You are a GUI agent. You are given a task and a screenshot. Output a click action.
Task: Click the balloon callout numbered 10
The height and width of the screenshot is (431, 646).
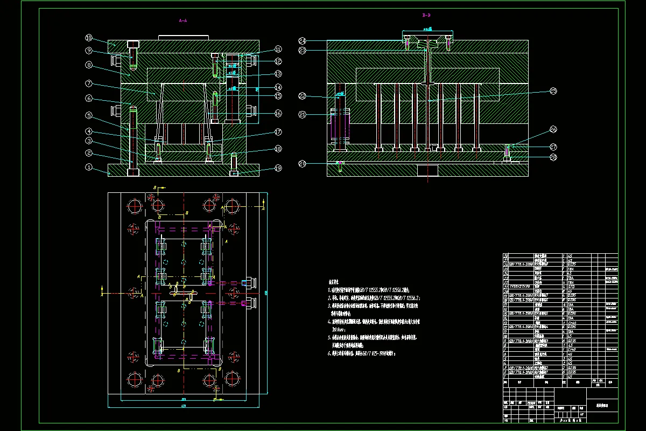point(89,38)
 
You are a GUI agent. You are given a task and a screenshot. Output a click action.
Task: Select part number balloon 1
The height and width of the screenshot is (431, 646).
point(89,167)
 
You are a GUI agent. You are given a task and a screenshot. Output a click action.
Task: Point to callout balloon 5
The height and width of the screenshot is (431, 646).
point(89,115)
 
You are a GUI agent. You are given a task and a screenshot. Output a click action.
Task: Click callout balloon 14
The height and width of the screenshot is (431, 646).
point(278,87)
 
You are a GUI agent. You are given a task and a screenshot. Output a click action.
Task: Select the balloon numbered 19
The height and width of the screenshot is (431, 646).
point(278,168)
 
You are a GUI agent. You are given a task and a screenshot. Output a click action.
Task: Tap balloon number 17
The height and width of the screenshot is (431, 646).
point(278,132)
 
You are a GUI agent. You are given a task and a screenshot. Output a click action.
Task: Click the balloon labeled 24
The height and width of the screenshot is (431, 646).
point(303,41)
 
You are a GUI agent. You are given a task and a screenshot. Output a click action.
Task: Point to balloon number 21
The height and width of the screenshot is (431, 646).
point(303,115)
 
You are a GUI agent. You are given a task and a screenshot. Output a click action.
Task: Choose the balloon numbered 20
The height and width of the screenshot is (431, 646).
point(303,164)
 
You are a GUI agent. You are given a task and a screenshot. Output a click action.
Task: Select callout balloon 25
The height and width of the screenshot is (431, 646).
point(553,91)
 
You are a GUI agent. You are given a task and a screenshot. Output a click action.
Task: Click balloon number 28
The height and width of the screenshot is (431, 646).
point(553,157)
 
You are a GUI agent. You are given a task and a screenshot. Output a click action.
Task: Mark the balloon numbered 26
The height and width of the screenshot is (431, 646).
point(553,129)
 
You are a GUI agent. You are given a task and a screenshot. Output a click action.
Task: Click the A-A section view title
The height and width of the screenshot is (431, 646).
point(183,20)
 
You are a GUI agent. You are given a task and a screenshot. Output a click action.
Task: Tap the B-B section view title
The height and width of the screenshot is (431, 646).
point(426,16)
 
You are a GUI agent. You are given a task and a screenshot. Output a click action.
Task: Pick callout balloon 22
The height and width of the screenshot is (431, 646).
point(303,96)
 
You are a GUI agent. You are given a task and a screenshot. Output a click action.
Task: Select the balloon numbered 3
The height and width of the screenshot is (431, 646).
point(89,141)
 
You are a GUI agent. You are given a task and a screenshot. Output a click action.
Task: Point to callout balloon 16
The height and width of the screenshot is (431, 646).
point(278,114)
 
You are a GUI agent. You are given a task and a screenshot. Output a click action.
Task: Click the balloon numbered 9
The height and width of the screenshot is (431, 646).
point(89,51)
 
